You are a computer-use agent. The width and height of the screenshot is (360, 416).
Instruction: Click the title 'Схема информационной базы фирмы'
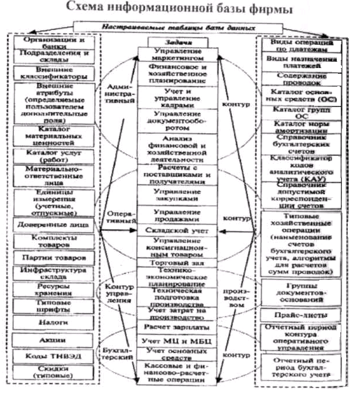click(x=179, y=10)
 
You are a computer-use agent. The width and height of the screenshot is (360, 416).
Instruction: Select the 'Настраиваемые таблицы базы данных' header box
click(x=180, y=27)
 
